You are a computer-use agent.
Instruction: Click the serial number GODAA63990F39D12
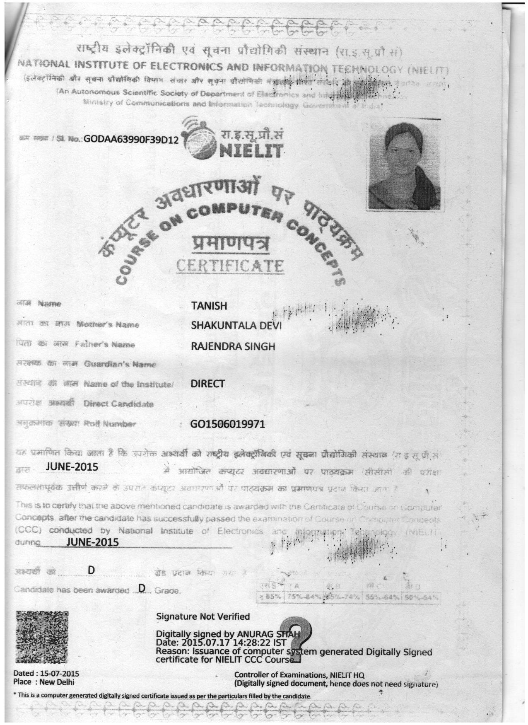[x=131, y=139]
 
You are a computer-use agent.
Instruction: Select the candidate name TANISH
[x=209, y=306]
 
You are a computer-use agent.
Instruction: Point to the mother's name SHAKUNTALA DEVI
[x=236, y=326]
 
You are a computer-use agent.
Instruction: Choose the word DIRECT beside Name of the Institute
[x=207, y=384]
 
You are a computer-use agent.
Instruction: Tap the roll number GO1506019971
[x=227, y=424]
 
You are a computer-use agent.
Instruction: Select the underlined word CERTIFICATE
[x=230, y=266]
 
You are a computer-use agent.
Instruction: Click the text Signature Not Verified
[x=203, y=616]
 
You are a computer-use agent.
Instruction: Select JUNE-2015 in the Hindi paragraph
[x=72, y=467]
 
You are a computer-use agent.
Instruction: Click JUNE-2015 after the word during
[x=92, y=542]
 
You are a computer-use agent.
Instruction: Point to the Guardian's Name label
[x=120, y=365]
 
